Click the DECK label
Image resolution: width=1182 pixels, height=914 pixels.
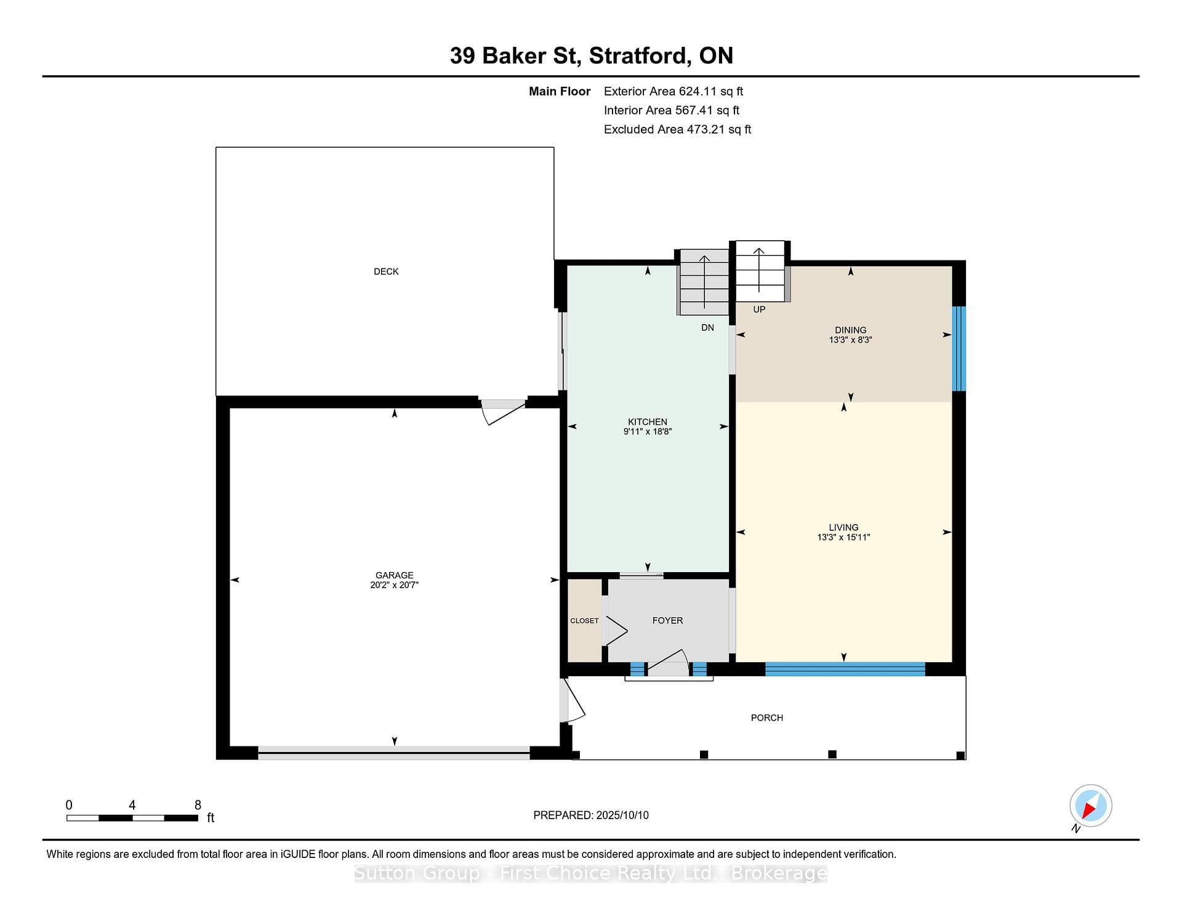pyautogui.click(x=386, y=272)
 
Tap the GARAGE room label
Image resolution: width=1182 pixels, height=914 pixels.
pyautogui.click(x=395, y=575)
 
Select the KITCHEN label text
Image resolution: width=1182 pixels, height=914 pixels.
pyautogui.click(x=648, y=422)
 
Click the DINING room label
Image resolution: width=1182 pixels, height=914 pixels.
pyautogui.click(x=851, y=330)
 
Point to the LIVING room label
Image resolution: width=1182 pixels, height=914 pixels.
pyautogui.click(x=843, y=528)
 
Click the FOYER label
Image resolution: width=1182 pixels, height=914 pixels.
pyautogui.click(x=668, y=621)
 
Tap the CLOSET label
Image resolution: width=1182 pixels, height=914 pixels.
pyautogui.click(x=584, y=621)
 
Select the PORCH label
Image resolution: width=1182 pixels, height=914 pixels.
pyautogui.click(x=767, y=718)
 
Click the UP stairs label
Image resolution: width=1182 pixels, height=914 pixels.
pyautogui.click(x=759, y=310)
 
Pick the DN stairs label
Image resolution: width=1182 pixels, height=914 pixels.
pyautogui.click(x=707, y=328)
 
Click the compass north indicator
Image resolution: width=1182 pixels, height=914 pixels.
pyautogui.click(x=1090, y=806)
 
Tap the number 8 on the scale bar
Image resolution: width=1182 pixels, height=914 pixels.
pyautogui.click(x=198, y=805)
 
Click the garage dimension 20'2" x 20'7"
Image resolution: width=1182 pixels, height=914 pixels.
pyautogui.click(x=395, y=585)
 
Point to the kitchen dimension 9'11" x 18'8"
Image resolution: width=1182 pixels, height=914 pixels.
pyautogui.click(x=648, y=432)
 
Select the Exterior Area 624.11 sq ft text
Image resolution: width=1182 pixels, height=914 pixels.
pyautogui.click(x=673, y=92)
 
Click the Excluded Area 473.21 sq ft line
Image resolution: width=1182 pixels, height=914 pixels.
pyautogui.click(x=677, y=129)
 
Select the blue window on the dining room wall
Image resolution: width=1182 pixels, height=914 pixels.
pyautogui.click(x=959, y=349)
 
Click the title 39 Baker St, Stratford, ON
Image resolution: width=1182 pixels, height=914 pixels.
pyautogui.click(x=592, y=56)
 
